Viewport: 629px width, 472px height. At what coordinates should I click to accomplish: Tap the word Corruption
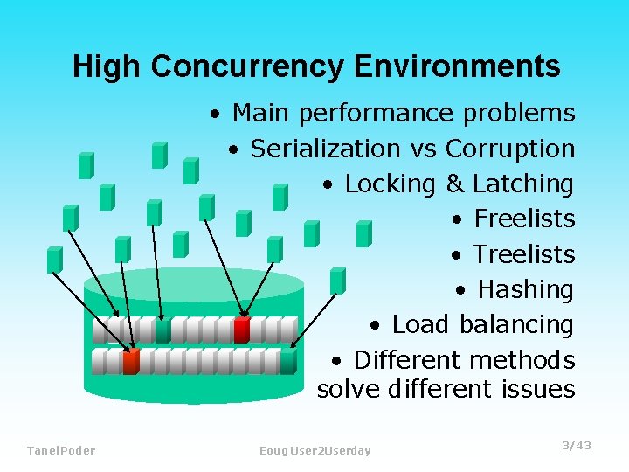coord(510,149)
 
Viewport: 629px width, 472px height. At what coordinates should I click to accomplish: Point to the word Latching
coord(522,184)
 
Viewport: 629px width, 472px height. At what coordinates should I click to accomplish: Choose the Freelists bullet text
coord(524,219)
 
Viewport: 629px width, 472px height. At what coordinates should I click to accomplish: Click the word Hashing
coord(526,289)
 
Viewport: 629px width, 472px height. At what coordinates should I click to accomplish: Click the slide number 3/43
coord(577,446)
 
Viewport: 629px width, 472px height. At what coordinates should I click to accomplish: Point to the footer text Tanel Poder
coord(61,450)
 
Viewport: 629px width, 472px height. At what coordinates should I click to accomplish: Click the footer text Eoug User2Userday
coord(315,450)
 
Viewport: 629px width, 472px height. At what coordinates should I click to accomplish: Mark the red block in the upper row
coord(242,330)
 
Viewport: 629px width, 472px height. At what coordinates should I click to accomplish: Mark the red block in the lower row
coord(131,361)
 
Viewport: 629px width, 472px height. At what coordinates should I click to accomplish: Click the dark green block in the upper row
coord(162,330)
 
